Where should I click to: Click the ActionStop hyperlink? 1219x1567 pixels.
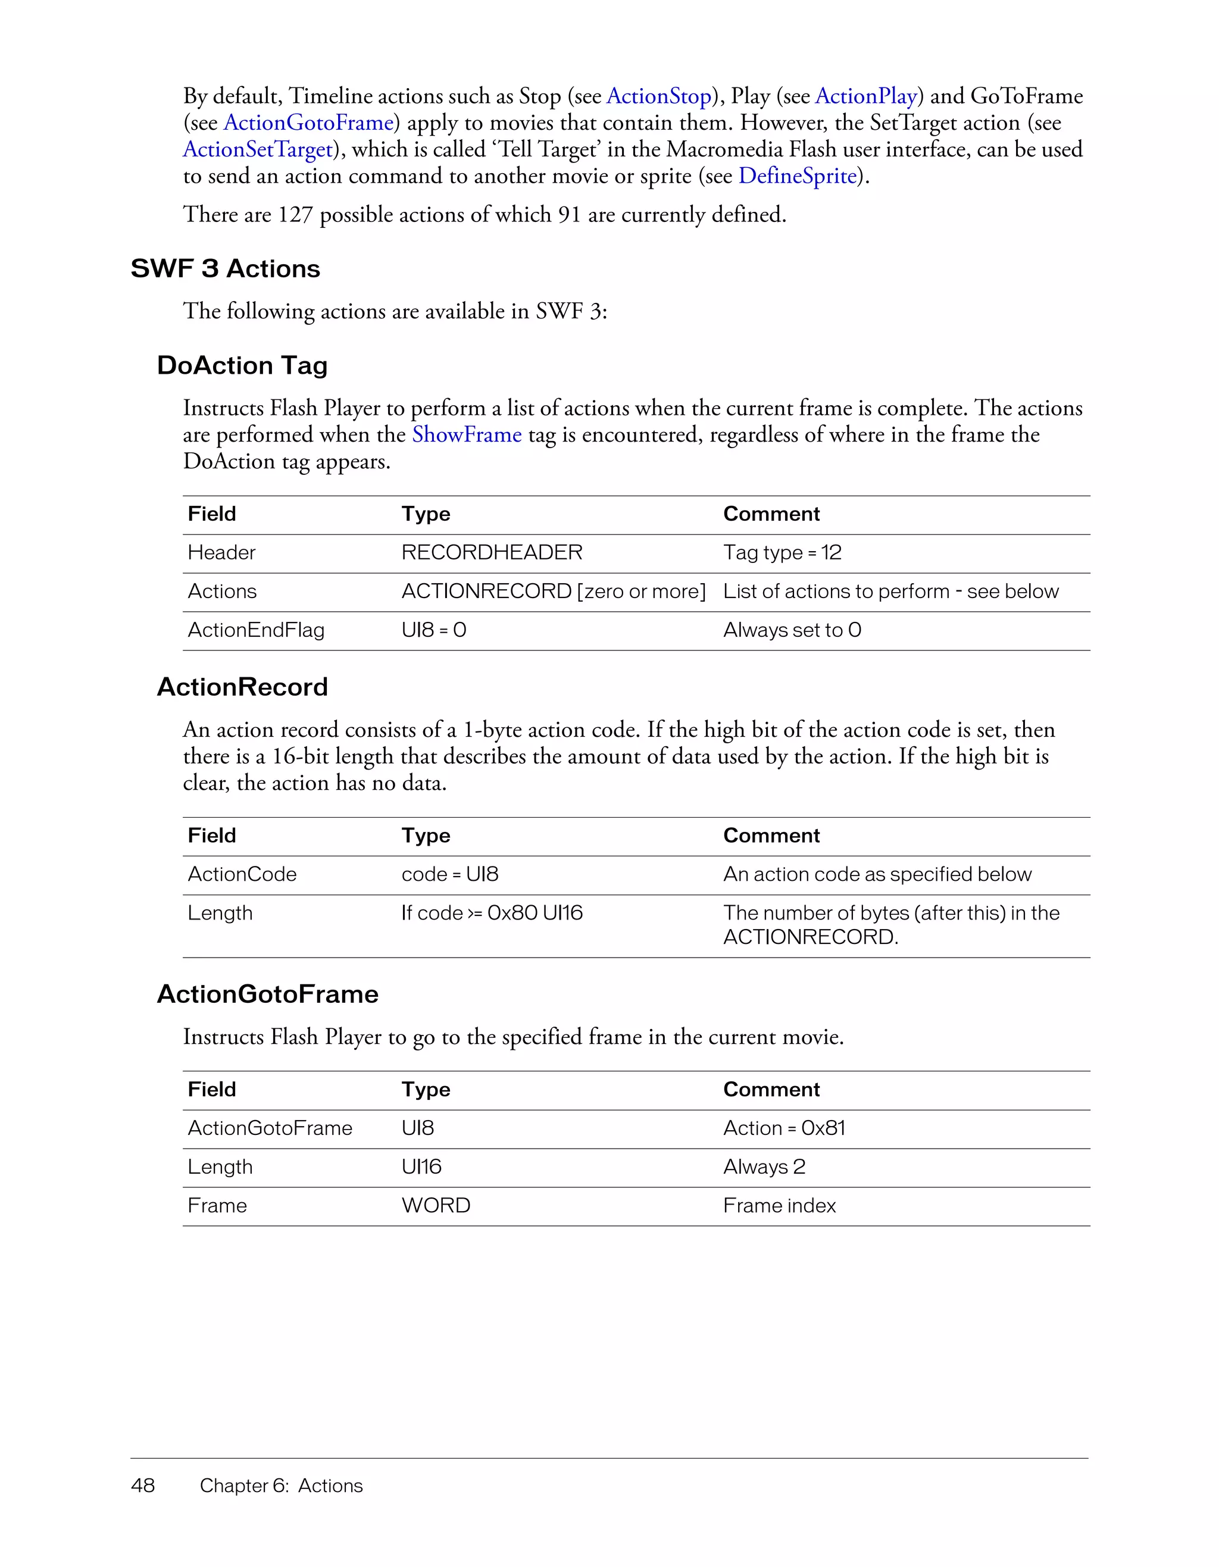(659, 96)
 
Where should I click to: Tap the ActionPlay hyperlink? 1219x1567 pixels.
(866, 96)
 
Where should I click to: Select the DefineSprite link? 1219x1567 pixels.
(798, 176)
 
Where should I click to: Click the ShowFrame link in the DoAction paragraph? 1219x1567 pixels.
(467, 435)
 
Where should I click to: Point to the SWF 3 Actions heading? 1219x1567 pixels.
(226, 269)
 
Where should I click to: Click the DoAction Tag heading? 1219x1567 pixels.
(242, 366)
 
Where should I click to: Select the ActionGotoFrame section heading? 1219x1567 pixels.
(268, 994)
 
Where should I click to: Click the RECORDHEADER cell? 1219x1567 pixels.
(492, 552)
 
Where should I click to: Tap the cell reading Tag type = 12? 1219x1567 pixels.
(782, 552)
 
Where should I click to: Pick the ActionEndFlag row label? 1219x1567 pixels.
(256, 630)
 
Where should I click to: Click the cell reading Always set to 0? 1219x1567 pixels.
(792, 630)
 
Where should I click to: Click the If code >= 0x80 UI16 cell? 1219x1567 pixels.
(492, 914)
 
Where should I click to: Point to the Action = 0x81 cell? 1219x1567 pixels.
(784, 1128)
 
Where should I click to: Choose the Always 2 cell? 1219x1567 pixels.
(764, 1167)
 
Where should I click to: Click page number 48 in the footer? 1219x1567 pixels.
(143, 1486)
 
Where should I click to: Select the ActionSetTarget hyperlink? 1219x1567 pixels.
(258, 149)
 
